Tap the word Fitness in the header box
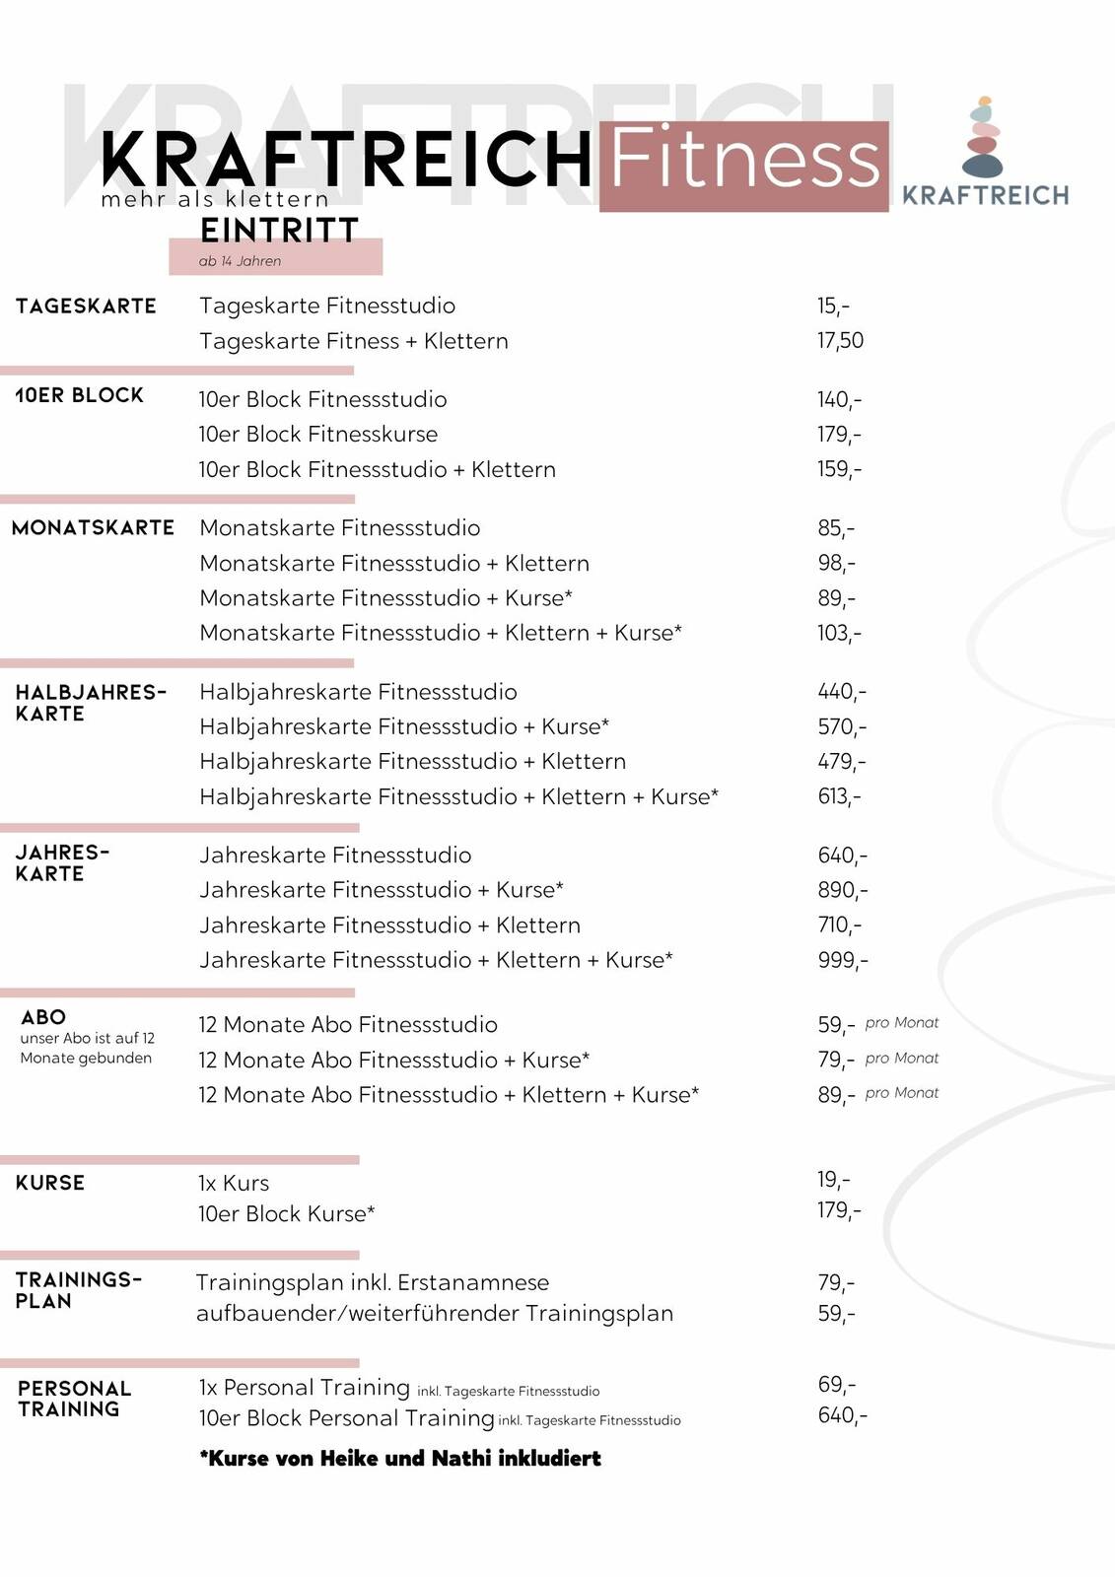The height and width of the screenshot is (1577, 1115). (744, 161)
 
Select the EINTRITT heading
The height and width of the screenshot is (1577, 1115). (279, 231)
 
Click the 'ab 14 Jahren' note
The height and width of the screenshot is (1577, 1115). (240, 261)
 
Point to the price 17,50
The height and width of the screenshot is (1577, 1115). (840, 341)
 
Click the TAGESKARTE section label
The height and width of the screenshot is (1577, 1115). (86, 307)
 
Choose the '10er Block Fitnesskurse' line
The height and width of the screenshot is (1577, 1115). (317, 435)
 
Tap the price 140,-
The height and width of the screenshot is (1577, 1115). (839, 399)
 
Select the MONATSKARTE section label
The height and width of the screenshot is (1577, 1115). (93, 528)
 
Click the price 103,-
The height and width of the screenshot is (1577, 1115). (839, 633)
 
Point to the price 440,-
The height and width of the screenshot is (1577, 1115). (842, 692)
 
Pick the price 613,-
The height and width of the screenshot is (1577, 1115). (839, 796)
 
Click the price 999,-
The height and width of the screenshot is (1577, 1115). (843, 960)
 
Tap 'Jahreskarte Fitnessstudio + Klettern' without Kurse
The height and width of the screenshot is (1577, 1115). (389, 926)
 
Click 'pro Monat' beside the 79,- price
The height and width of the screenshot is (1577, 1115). (902, 1059)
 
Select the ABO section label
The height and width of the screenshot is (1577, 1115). (43, 1017)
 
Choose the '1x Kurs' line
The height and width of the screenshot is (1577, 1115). (234, 1183)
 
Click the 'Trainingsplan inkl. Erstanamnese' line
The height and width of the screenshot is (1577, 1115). (373, 1282)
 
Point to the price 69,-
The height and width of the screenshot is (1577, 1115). (837, 1385)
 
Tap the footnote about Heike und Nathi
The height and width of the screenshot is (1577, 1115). (400, 1459)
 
